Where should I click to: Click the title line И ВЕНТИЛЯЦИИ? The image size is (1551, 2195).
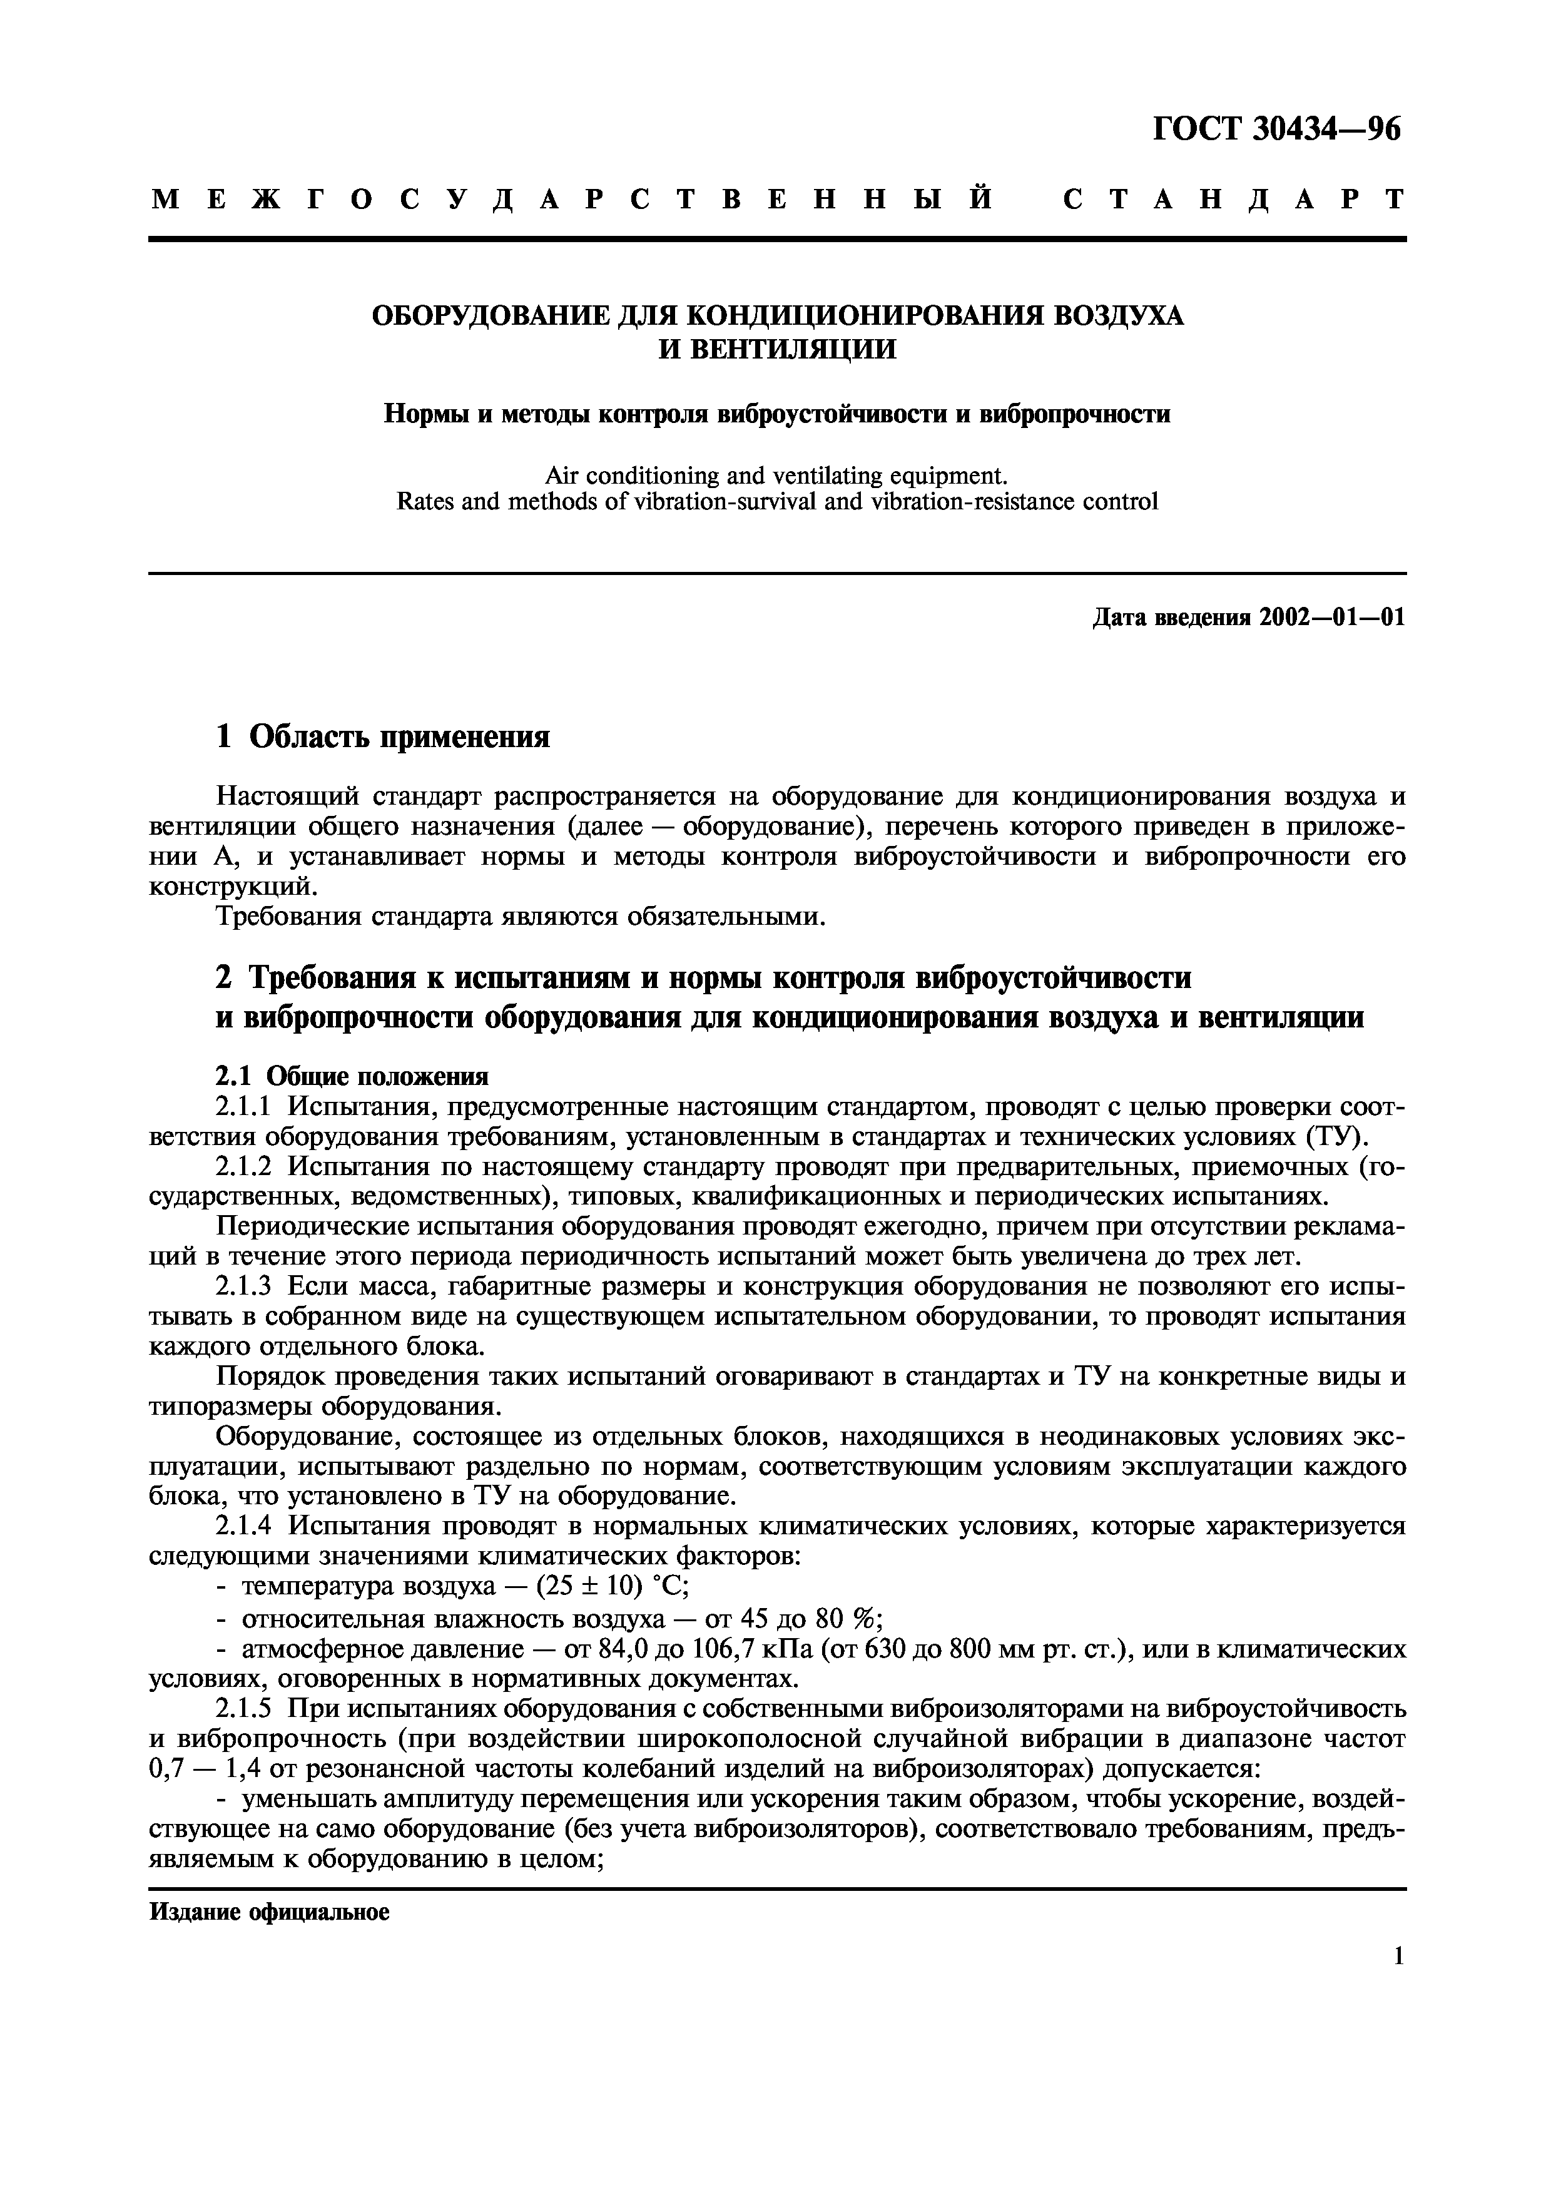point(777,350)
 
